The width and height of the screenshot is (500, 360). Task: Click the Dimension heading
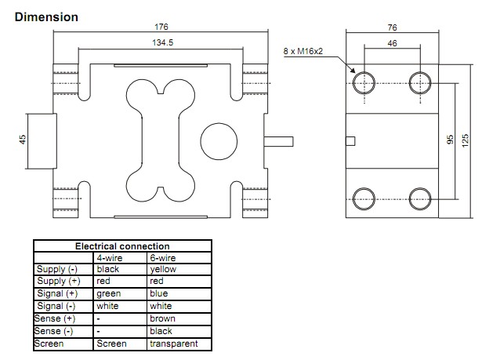[46, 16]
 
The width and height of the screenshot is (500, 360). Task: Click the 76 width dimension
[392, 27]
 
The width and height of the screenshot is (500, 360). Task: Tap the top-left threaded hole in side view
[364, 81]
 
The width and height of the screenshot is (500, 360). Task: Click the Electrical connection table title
[121, 245]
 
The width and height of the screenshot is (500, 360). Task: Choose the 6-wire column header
[162, 256]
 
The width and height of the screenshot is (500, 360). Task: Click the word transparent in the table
[173, 344]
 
